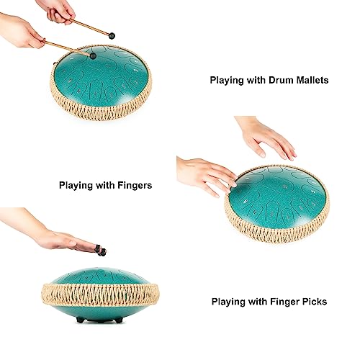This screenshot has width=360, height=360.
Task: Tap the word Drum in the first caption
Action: pyautogui.click(x=274, y=81)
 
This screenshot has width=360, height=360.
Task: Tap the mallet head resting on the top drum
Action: pyautogui.click(x=91, y=54)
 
